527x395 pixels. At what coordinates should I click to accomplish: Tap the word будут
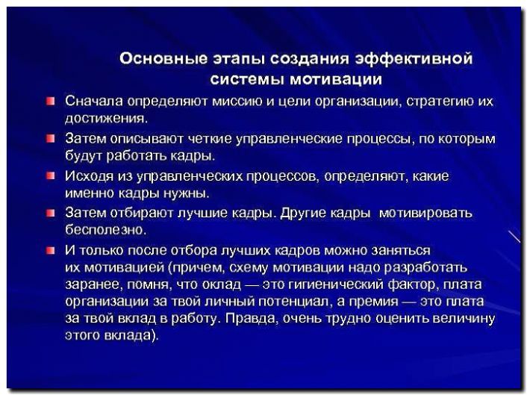(x=84, y=156)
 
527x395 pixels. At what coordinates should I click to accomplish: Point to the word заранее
(x=90, y=285)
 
